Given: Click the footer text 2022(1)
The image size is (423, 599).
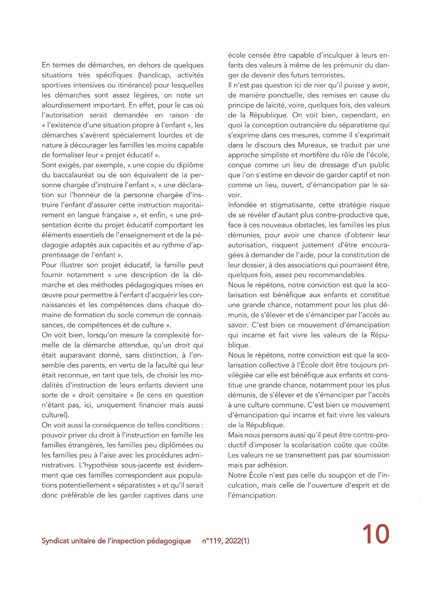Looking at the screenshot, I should (237, 541).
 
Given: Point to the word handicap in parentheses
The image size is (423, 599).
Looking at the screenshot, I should (154, 75).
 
